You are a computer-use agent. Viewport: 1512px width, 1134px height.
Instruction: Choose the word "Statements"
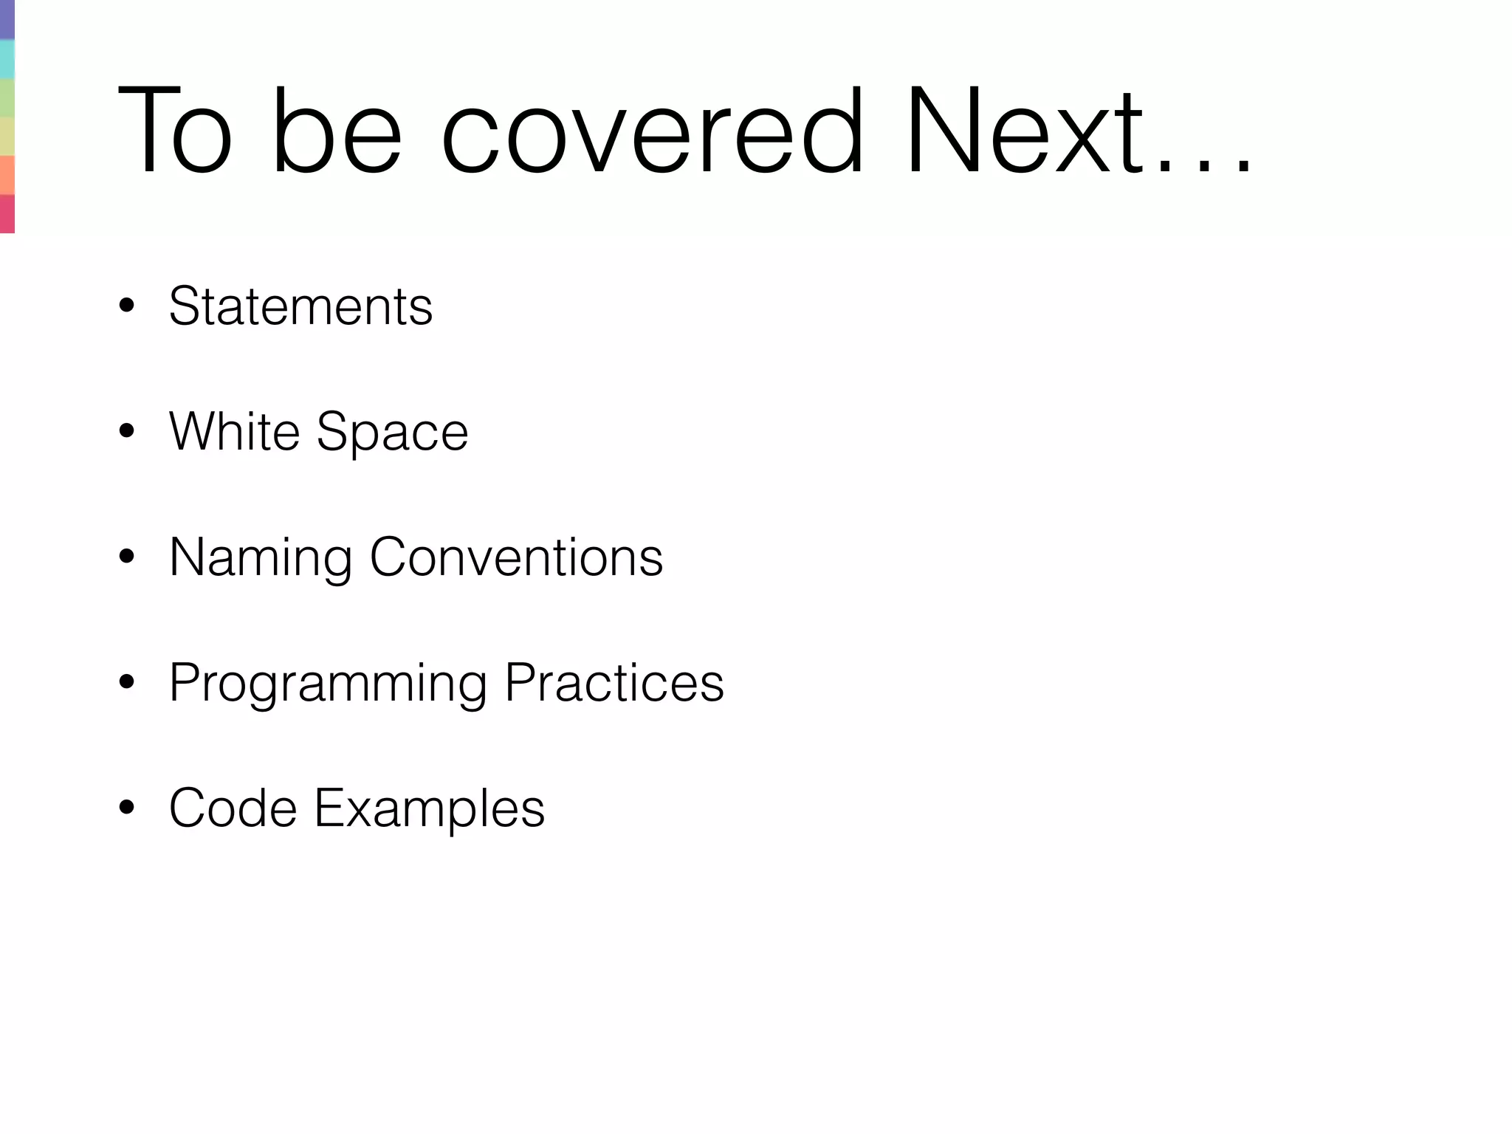[300, 306]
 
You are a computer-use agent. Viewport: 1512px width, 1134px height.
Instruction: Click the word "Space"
[392, 433]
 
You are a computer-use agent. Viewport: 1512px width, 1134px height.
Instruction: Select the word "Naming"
[260, 558]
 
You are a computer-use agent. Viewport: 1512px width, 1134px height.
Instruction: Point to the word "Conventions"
[516, 557]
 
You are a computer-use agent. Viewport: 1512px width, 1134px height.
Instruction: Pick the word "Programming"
[328, 684]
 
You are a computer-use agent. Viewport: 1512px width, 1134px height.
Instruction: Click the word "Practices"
[614, 682]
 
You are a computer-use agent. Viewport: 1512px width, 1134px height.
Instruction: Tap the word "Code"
[233, 808]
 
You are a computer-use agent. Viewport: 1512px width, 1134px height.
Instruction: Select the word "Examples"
[429, 809]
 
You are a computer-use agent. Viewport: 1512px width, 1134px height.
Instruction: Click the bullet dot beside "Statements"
[127, 307]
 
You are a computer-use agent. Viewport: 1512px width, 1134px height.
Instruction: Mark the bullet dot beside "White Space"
[127, 432]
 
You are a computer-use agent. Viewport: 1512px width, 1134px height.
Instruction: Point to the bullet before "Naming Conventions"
[127, 557]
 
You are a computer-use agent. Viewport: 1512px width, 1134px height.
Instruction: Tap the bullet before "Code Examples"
[127, 808]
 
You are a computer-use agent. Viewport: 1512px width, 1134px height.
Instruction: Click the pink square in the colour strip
[7, 214]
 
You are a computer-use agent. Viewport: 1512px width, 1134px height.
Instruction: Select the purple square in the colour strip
[7, 19]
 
